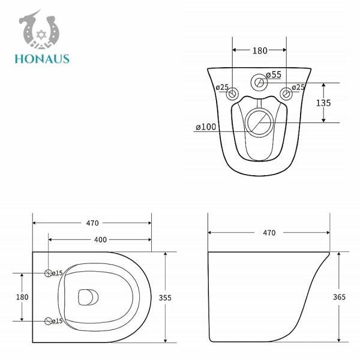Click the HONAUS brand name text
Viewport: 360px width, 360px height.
[43, 59]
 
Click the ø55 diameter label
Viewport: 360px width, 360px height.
[274, 74]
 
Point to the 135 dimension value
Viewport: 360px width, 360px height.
[324, 102]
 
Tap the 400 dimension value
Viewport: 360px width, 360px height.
[100, 240]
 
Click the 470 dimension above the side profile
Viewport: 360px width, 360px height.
[269, 233]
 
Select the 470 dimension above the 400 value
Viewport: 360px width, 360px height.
[92, 223]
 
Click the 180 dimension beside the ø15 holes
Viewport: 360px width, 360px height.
[22, 297]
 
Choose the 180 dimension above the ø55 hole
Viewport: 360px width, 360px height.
[259, 51]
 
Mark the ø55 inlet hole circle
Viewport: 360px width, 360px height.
[259, 83]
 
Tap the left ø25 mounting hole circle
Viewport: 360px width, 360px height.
[233, 94]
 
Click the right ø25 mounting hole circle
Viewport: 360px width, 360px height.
[286, 94]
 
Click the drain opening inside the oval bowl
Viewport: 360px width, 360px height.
[88, 296]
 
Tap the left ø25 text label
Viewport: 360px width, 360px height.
[223, 88]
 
